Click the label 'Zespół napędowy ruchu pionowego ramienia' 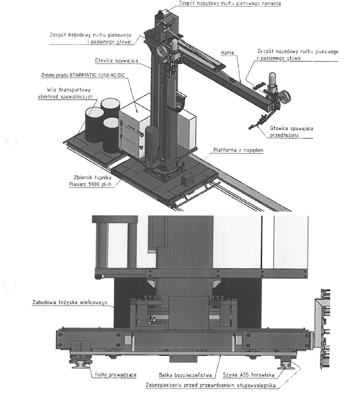tap(229, 4)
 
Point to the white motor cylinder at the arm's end tap(273, 79)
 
